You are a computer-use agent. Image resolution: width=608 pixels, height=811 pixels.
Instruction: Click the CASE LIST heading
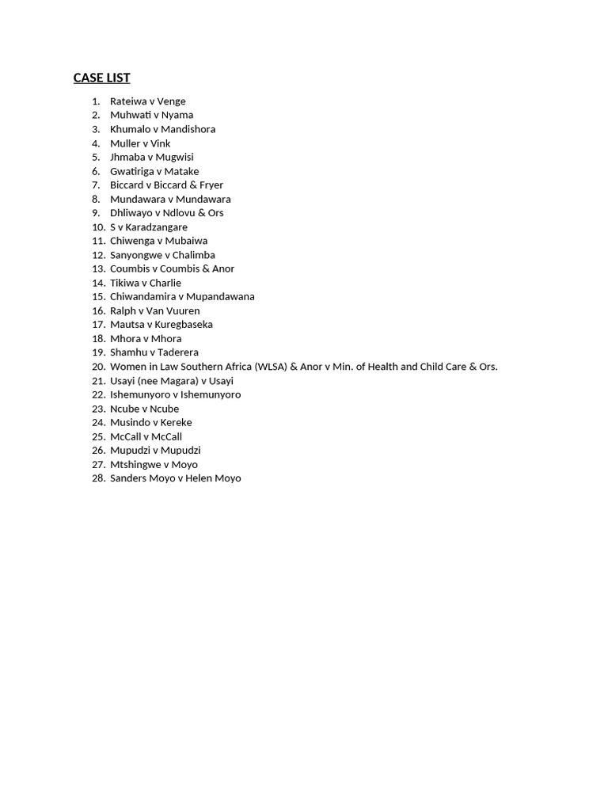tap(101, 78)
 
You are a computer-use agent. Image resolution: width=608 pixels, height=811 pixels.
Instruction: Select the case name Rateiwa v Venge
tap(147, 101)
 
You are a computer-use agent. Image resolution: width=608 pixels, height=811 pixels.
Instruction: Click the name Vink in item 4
tap(161, 143)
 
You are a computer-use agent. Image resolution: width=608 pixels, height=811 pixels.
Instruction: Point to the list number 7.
tap(96, 185)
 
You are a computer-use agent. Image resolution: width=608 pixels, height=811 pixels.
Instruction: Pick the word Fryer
tap(211, 185)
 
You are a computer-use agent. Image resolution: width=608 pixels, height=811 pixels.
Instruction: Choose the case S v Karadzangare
tap(149, 227)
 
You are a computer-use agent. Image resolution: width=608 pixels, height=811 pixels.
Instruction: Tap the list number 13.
tap(98, 268)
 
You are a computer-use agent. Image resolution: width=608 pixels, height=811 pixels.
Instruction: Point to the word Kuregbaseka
tap(184, 324)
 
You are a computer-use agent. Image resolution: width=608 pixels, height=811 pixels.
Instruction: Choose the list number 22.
tap(98, 394)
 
